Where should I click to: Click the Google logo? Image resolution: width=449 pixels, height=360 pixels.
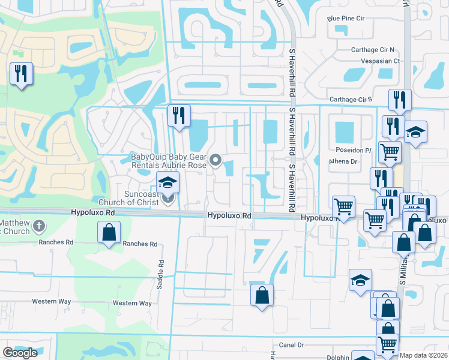(20, 353)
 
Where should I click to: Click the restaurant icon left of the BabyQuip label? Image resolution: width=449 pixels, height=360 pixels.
(178, 115)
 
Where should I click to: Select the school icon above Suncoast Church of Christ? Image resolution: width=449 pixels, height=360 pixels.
(168, 182)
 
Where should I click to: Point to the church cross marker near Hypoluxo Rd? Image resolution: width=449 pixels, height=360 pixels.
(39, 226)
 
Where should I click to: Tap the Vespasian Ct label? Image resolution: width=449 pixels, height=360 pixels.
(380, 61)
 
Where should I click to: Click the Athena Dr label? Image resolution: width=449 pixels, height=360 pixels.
(343, 161)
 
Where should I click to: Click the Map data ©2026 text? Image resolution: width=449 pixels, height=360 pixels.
(424, 355)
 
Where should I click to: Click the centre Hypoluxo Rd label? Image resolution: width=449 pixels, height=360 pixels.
(228, 215)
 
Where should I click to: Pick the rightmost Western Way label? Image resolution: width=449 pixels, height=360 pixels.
(132, 303)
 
